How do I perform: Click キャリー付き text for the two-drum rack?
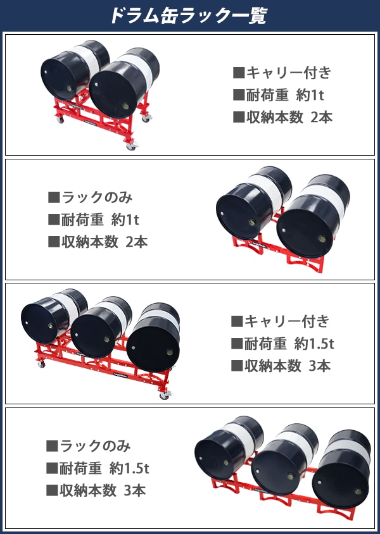click(288, 72)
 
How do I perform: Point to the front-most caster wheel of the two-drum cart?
click(132, 146)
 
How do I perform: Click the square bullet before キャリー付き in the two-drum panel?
click(238, 72)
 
